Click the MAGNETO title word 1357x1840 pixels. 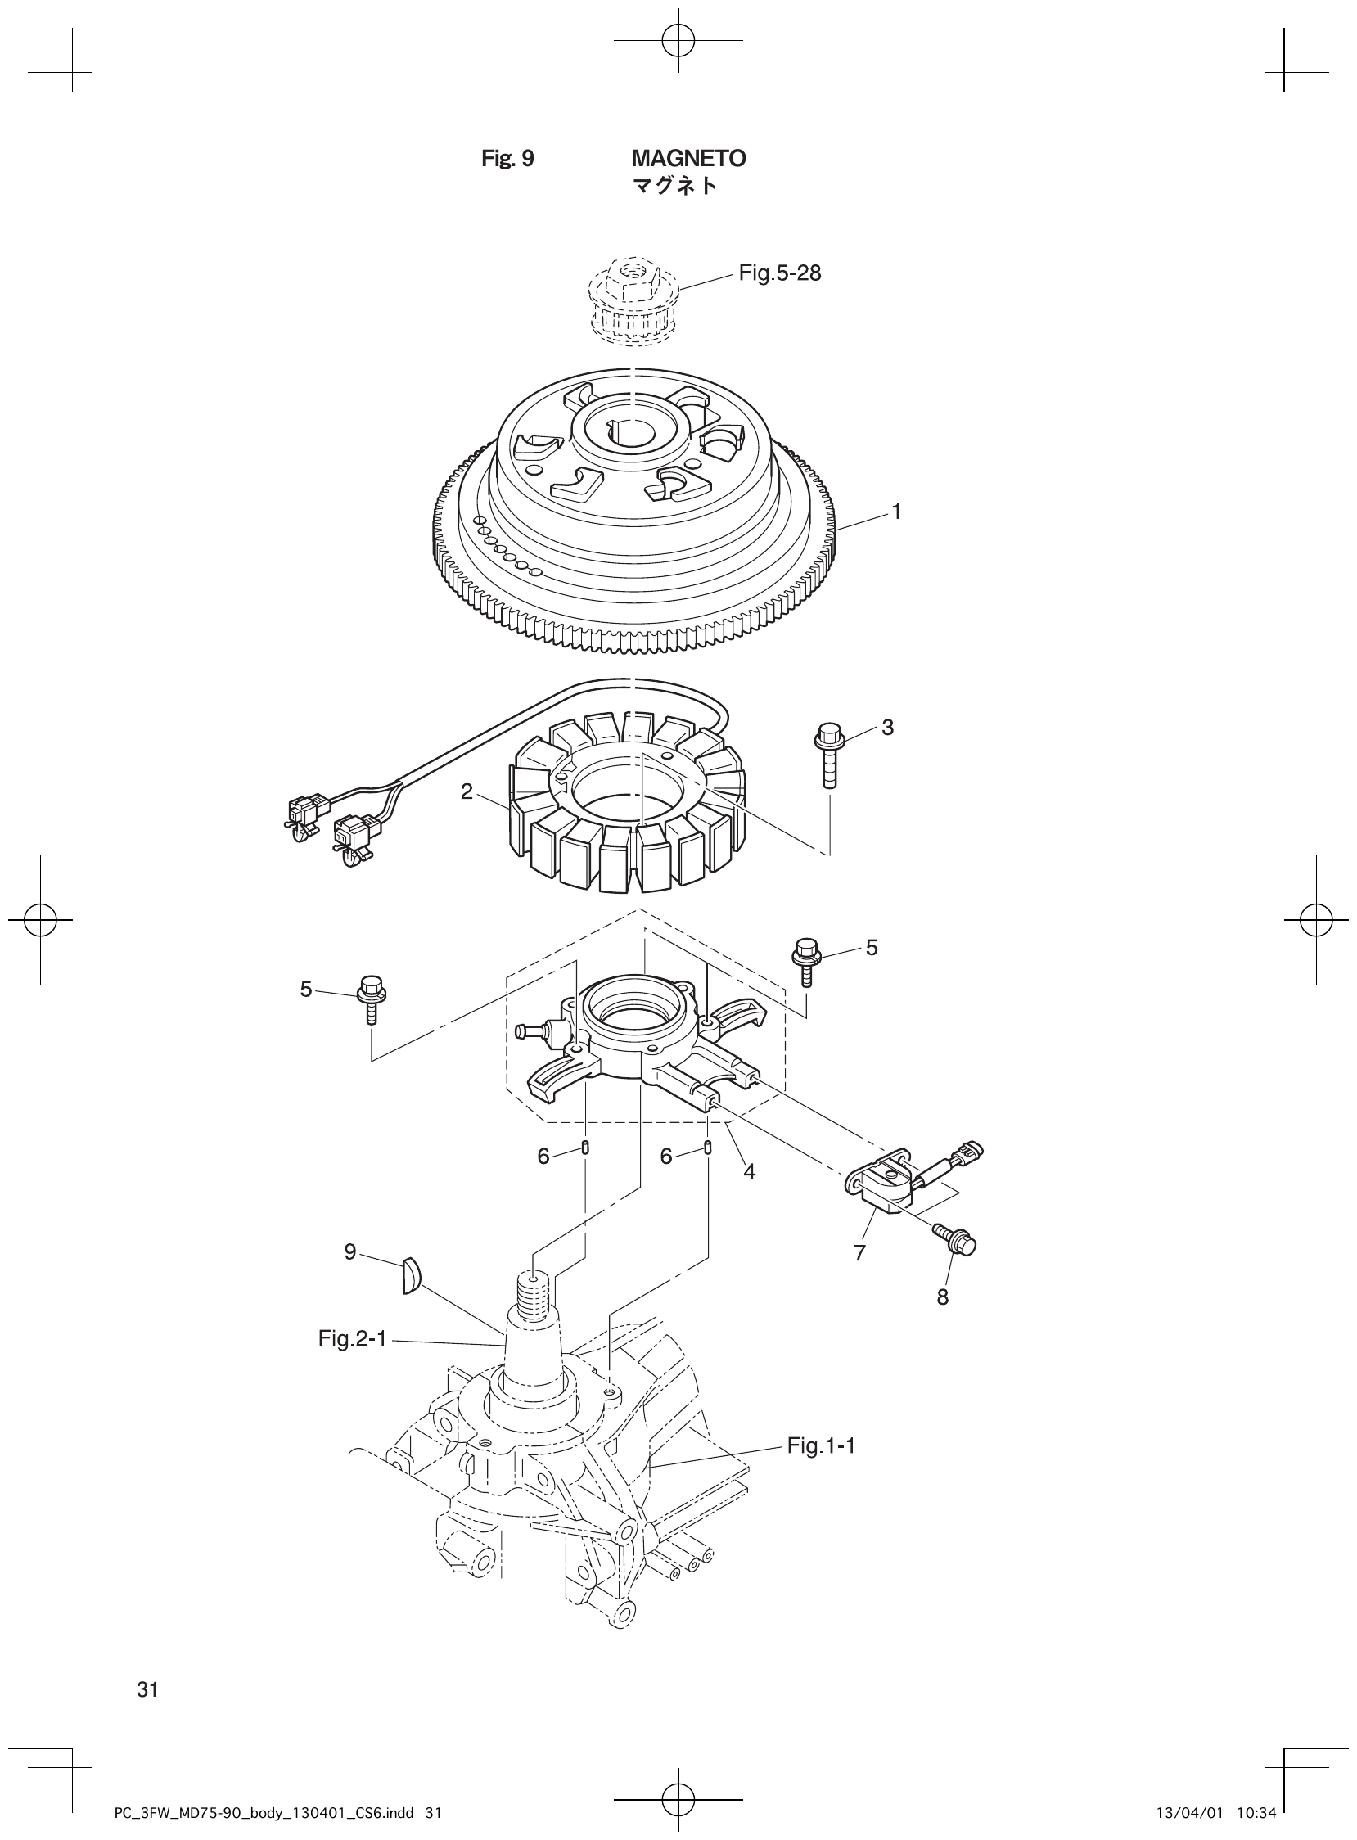688,158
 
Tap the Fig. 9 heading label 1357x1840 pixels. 507,158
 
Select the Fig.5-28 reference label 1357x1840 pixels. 779,273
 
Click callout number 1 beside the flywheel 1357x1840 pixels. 897,511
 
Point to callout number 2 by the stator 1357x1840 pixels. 467,791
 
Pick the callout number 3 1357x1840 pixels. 887,727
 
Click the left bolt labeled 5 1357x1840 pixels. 372,996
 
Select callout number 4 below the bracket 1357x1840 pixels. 749,1172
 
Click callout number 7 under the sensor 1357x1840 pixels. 859,1253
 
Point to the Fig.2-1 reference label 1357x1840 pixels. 353,1340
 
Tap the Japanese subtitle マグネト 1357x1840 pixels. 674,186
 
